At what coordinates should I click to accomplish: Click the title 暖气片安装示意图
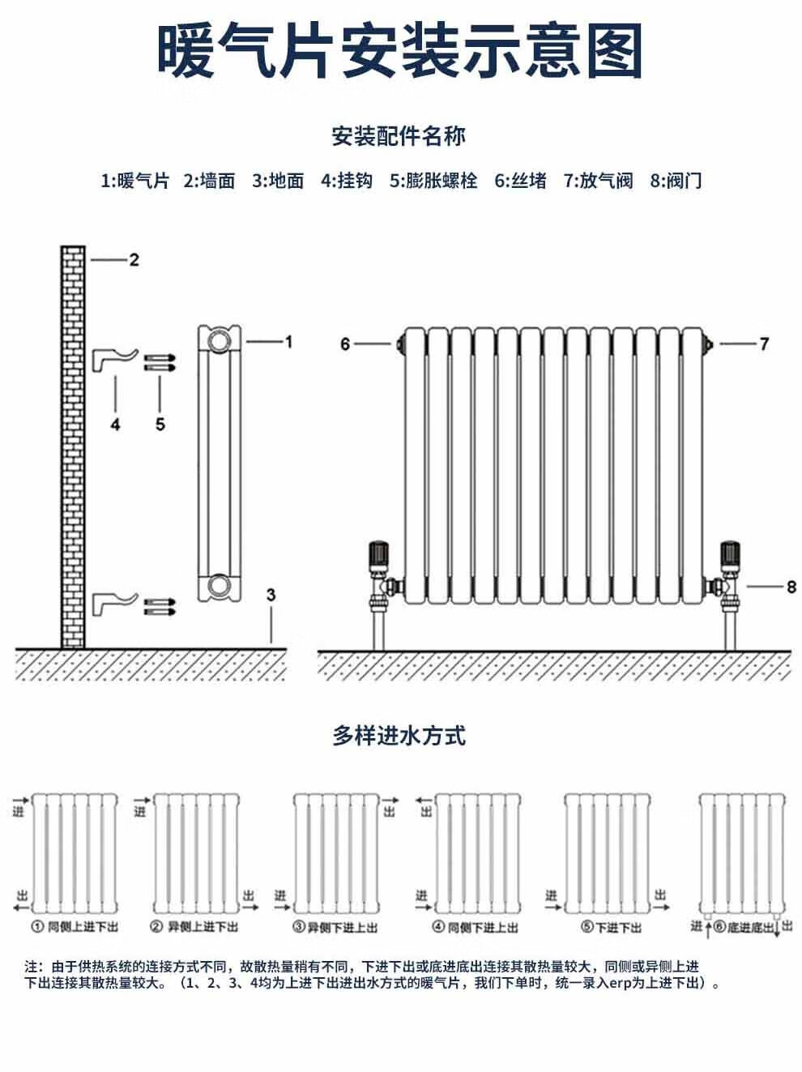[400, 51]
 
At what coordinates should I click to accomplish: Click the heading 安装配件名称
[399, 136]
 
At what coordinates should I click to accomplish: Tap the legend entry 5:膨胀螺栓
[433, 181]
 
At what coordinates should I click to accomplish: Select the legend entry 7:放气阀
[598, 181]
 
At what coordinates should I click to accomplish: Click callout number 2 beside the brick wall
[134, 259]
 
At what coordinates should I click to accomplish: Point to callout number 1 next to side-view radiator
[288, 342]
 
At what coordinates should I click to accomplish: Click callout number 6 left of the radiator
[346, 344]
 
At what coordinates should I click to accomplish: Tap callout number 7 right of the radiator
[763, 344]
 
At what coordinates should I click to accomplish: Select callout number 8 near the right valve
[791, 586]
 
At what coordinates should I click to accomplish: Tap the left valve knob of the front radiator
[378, 553]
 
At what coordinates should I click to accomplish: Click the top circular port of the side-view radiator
[220, 340]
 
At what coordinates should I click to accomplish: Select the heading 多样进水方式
[399, 736]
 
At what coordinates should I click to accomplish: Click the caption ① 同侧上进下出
[75, 927]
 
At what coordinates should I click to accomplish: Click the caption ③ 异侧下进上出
[335, 927]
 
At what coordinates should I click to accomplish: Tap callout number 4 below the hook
[115, 424]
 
